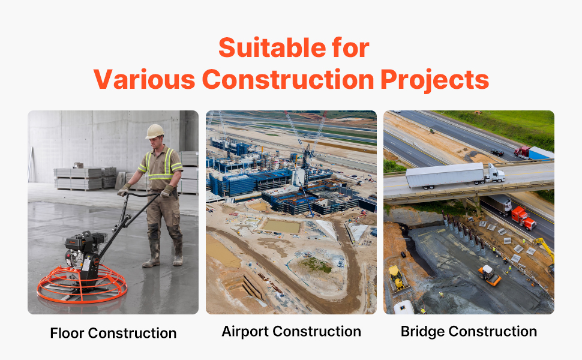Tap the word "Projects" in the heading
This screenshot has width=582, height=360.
click(x=434, y=80)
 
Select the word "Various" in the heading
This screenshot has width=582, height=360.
click(x=144, y=80)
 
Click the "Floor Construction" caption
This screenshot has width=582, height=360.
click(x=113, y=333)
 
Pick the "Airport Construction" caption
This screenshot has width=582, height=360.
click(x=292, y=331)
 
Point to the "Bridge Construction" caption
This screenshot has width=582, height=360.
click(x=469, y=331)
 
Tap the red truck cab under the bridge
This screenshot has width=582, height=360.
click(x=523, y=218)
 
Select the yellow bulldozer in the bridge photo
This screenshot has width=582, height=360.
click(x=397, y=278)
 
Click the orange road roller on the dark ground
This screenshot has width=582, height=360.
click(x=490, y=275)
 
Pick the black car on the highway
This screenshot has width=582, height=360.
click(x=497, y=152)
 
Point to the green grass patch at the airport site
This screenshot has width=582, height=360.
click(x=316, y=265)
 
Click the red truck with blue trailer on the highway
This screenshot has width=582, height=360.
click(x=534, y=153)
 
